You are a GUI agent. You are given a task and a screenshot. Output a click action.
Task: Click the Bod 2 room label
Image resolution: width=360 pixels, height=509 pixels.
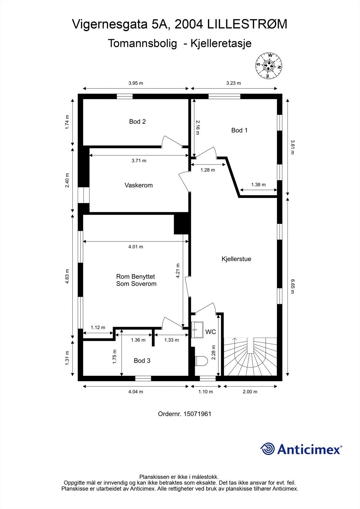pyautogui.click(x=137, y=122)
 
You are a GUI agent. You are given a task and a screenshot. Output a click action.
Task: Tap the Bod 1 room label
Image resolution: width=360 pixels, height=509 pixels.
pyautogui.click(x=239, y=130)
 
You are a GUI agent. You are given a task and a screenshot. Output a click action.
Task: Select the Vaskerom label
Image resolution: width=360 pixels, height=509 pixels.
pyautogui.click(x=138, y=185)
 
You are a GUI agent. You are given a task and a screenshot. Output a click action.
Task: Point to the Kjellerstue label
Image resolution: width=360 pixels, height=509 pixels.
pyautogui.click(x=236, y=259)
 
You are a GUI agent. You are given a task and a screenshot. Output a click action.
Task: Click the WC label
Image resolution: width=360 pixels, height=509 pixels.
pyautogui.click(x=210, y=332)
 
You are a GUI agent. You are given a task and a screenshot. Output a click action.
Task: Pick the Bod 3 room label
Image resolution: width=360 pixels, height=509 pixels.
pyautogui.click(x=142, y=360)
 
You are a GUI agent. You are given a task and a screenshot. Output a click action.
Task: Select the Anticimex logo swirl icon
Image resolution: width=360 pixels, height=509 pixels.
pyautogui.click(x=267, y=449)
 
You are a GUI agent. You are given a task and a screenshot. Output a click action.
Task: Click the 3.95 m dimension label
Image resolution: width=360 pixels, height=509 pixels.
pyautogui.click(x=136, y=83)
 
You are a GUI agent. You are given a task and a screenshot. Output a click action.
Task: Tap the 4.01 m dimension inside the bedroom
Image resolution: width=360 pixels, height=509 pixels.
pyautogui.click(x=136, y=247)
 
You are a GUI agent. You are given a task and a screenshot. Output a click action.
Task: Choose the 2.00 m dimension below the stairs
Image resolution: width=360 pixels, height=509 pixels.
pyautogui.click(x=250, y=392)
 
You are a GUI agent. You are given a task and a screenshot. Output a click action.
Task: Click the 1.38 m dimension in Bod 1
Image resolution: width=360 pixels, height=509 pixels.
pyautogui.click(x=258, y=185)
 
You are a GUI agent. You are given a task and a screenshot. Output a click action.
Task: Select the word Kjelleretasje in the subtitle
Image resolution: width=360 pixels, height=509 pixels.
pyautogui.click(x=221, y=43)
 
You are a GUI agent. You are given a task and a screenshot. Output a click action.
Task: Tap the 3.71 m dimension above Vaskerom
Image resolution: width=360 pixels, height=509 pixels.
pyautogui.click(x=139, y=161)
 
